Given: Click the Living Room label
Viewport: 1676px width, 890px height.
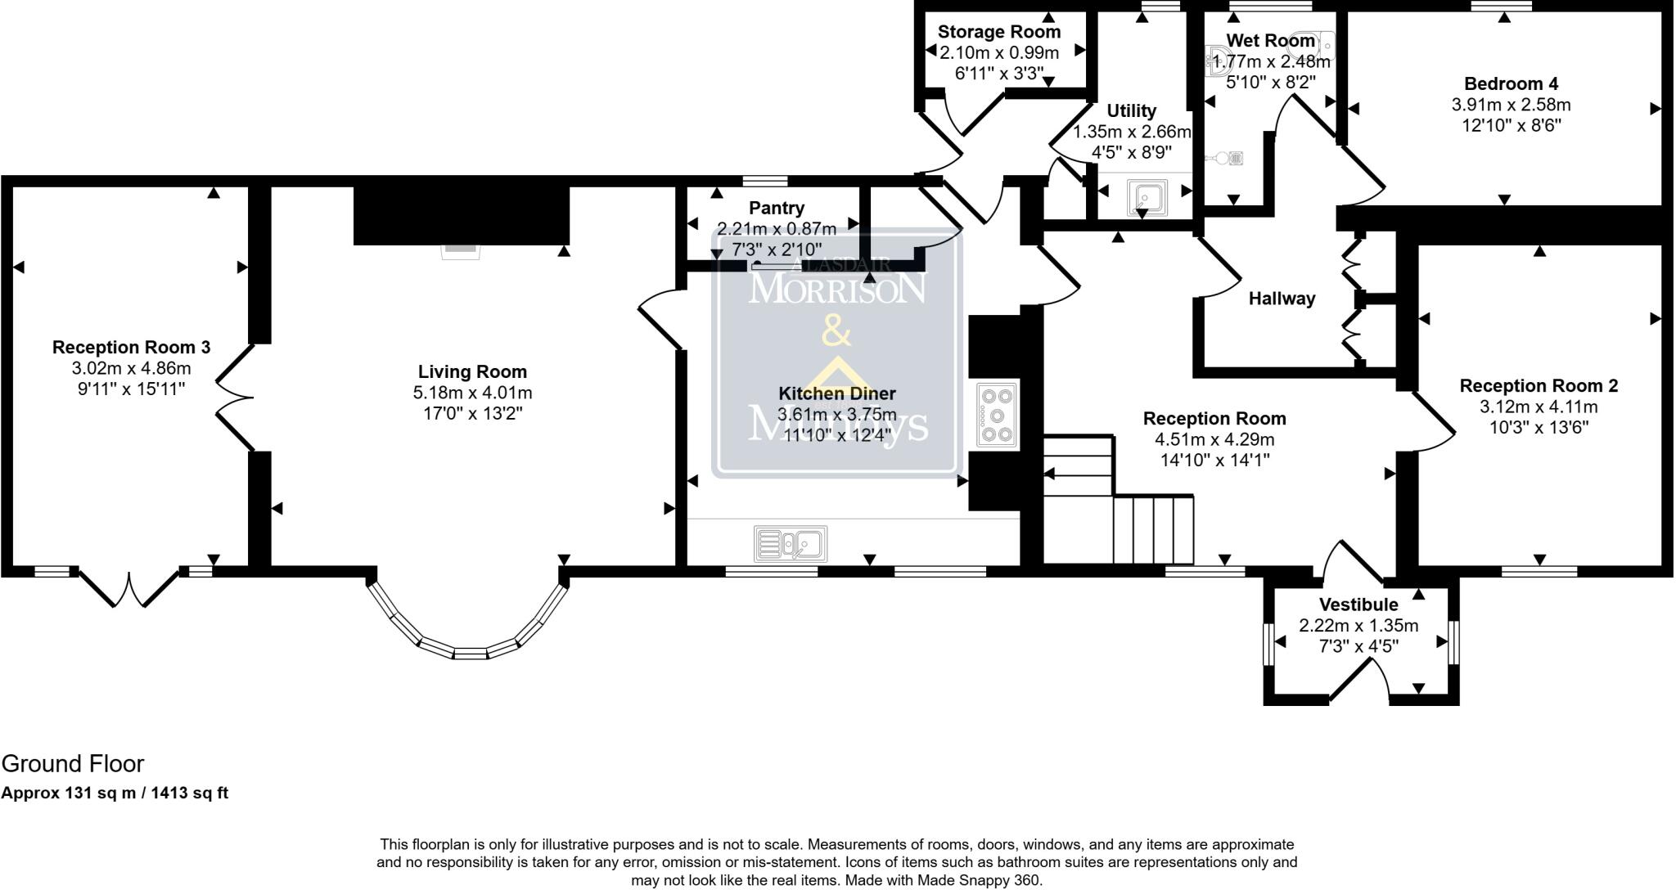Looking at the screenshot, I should [x=472, y=372].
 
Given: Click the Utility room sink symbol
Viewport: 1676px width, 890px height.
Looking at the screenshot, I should [x=1143, y=197].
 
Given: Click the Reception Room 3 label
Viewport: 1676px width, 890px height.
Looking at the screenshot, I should [x=131, y=347].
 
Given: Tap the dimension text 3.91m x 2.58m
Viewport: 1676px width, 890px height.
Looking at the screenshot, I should [x=1511, y=105].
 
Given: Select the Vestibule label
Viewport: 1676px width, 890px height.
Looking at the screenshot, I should [x=1358, y=605].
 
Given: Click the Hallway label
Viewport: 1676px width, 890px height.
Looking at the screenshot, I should [x=1282, y=299].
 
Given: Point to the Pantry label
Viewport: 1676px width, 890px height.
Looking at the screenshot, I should [x=777, y=208].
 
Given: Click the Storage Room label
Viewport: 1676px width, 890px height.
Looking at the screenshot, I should [x=998, y=32].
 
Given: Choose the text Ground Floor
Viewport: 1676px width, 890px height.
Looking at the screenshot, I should [x=73, y=763].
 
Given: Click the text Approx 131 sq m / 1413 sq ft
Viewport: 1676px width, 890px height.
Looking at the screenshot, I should [x=115, y=793].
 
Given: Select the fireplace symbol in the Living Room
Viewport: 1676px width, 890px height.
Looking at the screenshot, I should [x=461, y=250].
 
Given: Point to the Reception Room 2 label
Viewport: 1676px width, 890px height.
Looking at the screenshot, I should [x=1539, y=385].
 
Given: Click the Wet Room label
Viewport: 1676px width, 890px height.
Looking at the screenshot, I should [x=1269, y=41].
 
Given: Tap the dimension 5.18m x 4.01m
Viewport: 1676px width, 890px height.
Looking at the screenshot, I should [x=472, y=393].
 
